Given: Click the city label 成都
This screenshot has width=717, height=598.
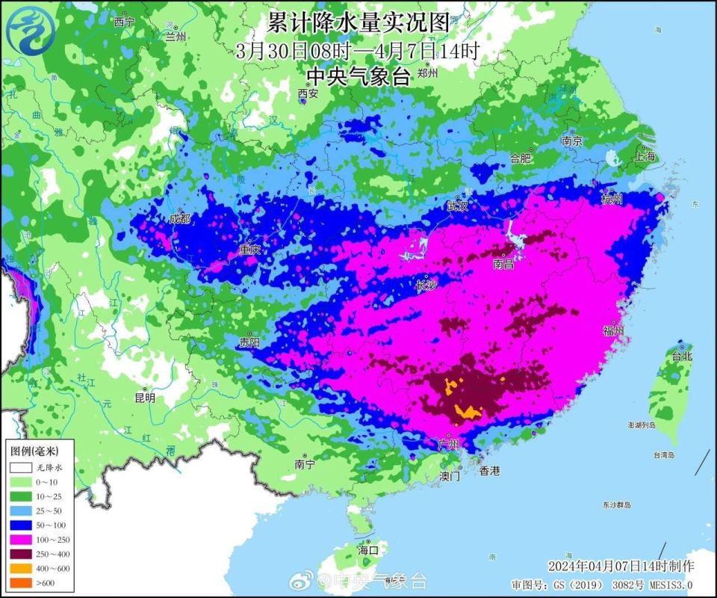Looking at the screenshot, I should (x=179, y=219).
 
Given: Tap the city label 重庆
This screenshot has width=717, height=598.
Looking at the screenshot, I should (x=249, y=250).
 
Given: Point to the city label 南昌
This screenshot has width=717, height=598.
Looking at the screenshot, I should (x=503, y=263).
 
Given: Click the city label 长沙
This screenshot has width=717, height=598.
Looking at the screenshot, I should (x=426, y=286).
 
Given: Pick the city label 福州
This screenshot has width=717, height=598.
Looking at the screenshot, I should (x=613, y=330).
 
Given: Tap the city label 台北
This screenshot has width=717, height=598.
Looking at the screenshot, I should (x=682, y=357).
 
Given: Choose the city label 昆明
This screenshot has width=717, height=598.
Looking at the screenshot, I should (x=145, y=398).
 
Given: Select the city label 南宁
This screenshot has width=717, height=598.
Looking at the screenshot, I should (x=305, y=464).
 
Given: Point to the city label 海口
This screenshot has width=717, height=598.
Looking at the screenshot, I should (x=368, y=549).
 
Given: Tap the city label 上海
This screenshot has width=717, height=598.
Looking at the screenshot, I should (x=645, y=156).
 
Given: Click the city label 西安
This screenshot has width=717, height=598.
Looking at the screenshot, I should (x=308, y=93).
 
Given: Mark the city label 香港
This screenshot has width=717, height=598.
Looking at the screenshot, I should (x=489, y=471).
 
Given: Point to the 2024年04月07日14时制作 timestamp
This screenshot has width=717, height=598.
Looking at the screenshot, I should (x=621, y=565).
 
